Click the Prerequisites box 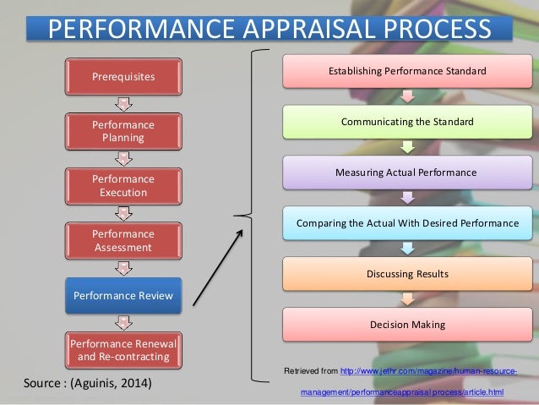point(123,77)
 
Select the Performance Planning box point(123,130)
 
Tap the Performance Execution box point(123,185)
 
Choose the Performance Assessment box point(123,240)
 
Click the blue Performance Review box point(123,295)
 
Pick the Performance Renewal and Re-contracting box point(123,349)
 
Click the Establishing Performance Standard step point(407,70)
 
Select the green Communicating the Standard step point(407,122)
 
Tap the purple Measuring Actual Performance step point(407,172)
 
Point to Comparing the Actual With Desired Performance point(407,223)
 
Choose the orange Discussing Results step point(407,274)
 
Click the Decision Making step point(407,325)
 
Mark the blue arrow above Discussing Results point(407,249)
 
